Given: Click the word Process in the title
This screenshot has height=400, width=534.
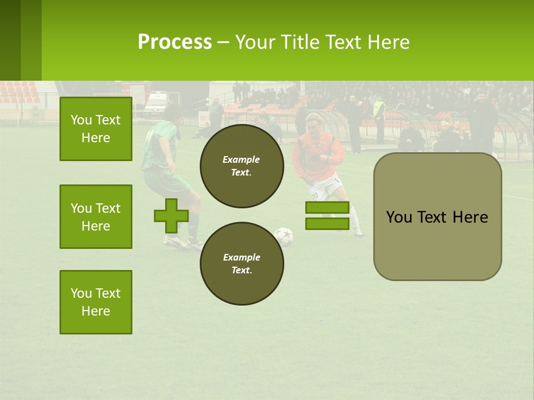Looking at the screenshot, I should pos(175,42).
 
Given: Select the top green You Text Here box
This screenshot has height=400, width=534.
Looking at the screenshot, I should pos(96,129).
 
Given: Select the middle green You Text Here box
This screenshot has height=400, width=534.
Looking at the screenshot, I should pos(96,217).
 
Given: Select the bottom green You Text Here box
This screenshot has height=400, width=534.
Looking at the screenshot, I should pos(96,302).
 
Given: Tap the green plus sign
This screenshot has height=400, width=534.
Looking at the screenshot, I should pos(171,216).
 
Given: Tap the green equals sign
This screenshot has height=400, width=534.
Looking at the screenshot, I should pos(327,216).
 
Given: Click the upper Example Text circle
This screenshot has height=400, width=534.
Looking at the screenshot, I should pos(241,166).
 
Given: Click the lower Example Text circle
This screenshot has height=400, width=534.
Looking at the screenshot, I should pos(241,263).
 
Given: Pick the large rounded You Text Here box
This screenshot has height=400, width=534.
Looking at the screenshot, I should pos(437,217).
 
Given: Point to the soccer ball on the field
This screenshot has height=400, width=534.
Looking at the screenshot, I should pos(284,236).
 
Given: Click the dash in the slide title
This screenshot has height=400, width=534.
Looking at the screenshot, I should pos(223,42).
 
